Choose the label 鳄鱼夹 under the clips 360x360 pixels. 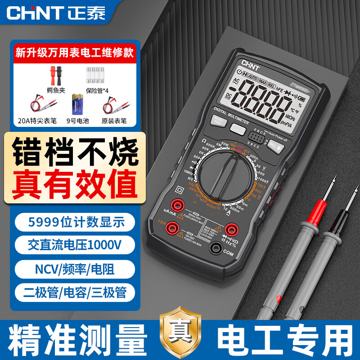56,90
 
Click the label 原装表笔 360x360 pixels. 113,121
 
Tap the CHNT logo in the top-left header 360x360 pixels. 54,13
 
